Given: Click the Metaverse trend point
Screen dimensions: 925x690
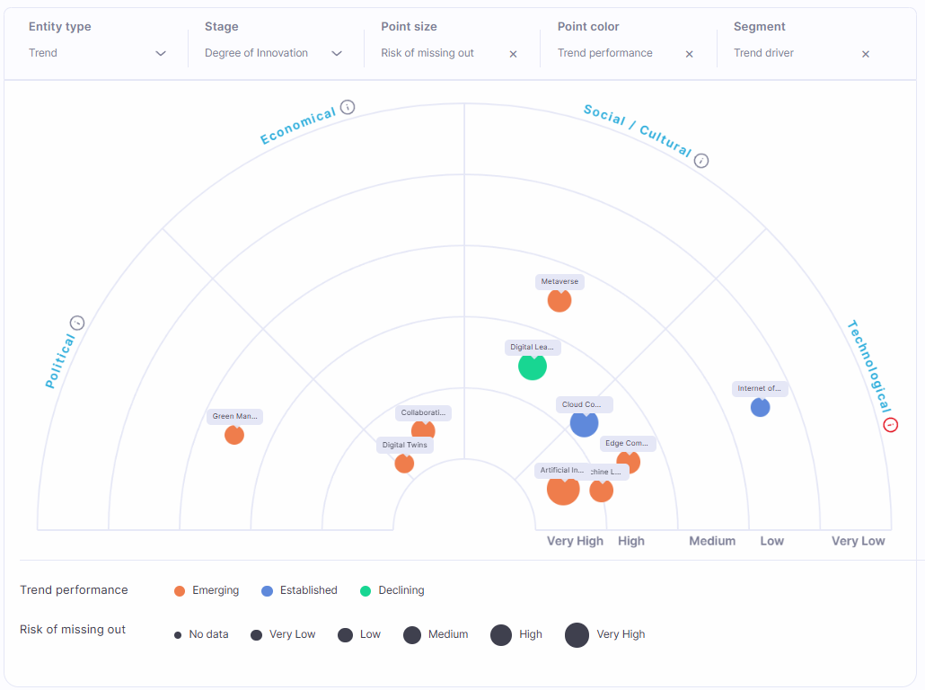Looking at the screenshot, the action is pyautogui.click(x=559, y=300).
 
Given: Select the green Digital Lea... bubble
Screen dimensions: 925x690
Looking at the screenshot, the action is pyautogui.click(x=533, y=367).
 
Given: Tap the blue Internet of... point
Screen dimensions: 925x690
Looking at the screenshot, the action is pyautogui.click(x=760, y=407).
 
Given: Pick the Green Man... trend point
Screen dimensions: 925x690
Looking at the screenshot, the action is pyautogui.click(x=234, y=435).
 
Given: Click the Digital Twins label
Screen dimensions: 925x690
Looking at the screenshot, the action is pyautogui.click(x=405, y=445).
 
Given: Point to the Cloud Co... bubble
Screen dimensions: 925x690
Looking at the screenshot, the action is pyautogui.click(x=584, y=423).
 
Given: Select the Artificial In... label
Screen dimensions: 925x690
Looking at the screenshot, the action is pyautogui.click(x=562, y=470).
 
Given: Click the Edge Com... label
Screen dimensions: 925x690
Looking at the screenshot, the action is pyautogui.click(x=627, y=443).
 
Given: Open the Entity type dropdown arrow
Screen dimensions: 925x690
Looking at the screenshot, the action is pyautogui.click(x=161, y=54).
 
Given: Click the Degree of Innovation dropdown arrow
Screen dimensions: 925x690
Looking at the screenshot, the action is pyautogui.click(x=337, y=54).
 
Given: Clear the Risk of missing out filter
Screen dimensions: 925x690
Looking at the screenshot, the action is pyautogui.click(x=514, y=54).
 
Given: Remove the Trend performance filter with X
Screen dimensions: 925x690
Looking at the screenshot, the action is pyautogui.click(x=690, y=54).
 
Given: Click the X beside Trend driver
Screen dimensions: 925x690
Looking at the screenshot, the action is pyautogui.click(x=866, y=54).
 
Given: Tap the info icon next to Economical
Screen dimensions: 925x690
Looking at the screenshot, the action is pyautogui.click(x=348, y=108).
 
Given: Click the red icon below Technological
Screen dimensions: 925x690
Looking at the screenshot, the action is pyautogui.click(x=890, y=425).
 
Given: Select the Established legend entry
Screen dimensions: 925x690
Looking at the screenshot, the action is pyautogui.click(x=308, y=590).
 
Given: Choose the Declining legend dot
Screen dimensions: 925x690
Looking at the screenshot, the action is pyautogui.click(x=366, y=591).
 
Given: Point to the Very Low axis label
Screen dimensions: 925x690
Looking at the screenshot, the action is pyautogui.click(x=858, y=541).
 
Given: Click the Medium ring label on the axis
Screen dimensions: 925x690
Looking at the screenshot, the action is pyautogui.click(x=712, y=541).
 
